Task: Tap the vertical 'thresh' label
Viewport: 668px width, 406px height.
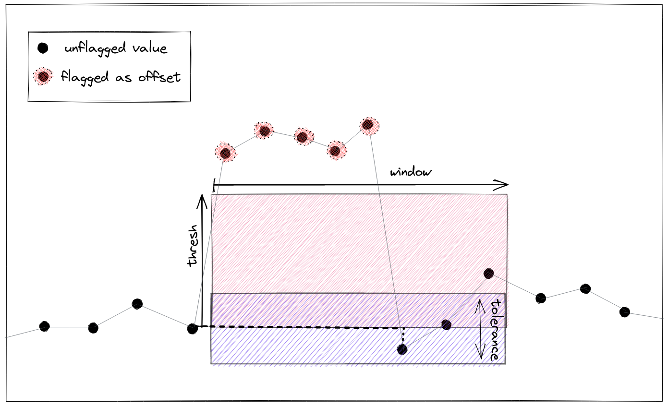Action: point(193,245)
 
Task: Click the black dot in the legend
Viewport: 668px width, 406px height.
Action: point(43,48)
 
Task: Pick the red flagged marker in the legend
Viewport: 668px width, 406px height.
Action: point(43,76)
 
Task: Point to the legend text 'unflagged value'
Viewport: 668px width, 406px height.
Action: point(116,48)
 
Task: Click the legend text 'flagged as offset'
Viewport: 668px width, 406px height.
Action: point(121,77)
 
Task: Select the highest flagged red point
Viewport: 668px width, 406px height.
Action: point(369,125)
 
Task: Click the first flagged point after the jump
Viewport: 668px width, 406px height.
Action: point(225,153)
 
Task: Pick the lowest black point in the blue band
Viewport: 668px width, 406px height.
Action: point(402,349)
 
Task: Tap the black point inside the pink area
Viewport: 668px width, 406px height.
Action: point(488,274)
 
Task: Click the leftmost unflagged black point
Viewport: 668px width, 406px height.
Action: point(44,326)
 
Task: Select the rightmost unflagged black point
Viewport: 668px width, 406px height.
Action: point(624,312)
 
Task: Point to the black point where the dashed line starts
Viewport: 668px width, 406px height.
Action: point(192,328)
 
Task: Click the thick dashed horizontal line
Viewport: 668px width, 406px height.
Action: point(298,327)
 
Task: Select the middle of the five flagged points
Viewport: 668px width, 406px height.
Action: point(302,137)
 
